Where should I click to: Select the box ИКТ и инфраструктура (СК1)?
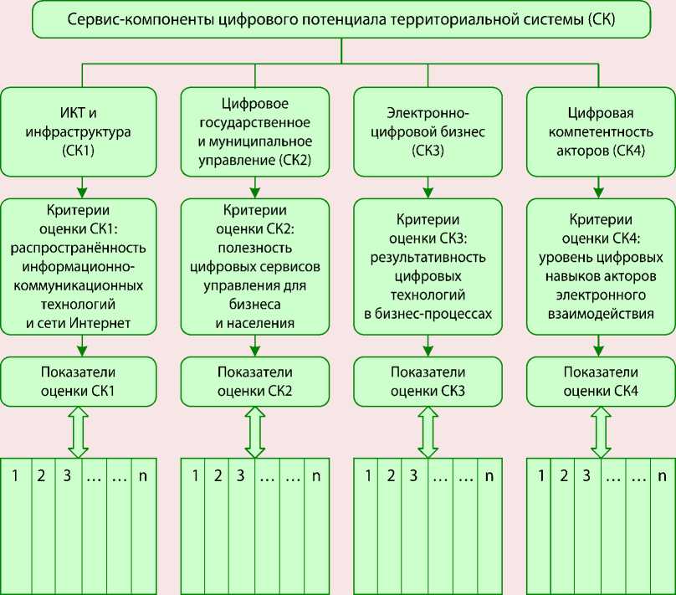click(x=79, y=131)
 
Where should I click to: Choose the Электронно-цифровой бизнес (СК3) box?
click(x=427, y=131)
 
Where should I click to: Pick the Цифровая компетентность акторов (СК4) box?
click(x=600, y=131)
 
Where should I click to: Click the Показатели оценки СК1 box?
click(x=79, y=380)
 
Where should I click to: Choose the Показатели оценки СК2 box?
click(x=253, y=380)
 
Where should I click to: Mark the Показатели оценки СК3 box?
click(x=427, y=380)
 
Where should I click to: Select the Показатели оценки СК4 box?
click(x=600, y=380)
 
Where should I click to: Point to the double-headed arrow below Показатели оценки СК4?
click(x=599, y=430)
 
